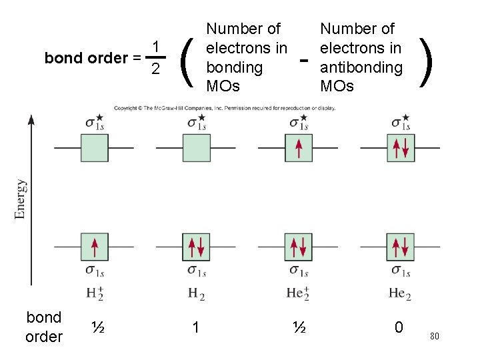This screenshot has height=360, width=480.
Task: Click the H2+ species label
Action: [95, 293]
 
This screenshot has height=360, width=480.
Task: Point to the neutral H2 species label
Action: [196, 293]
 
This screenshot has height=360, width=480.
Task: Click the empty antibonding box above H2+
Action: [94, 147]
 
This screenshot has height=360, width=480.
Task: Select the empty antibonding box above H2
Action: [197, 147]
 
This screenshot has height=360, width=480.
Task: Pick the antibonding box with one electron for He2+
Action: [298, 147]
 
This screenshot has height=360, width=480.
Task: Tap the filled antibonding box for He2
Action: [401, 147]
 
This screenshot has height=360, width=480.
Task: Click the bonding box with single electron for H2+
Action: [94, 247]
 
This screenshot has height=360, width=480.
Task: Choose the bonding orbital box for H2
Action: [197, 247]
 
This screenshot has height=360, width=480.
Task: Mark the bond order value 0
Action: [399, 327]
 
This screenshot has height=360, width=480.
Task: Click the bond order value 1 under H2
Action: [196, 327]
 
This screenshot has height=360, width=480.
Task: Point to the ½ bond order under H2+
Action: [97, 327]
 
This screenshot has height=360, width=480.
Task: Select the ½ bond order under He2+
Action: [300, 327]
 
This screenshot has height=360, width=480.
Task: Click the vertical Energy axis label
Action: [21, 199]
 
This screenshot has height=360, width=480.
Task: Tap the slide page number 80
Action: [434, 336]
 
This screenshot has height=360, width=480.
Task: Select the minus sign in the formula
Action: [304, 60]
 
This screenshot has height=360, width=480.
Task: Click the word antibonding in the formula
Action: [361, 67]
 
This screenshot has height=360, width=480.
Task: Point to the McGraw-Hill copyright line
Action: [224, 107]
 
